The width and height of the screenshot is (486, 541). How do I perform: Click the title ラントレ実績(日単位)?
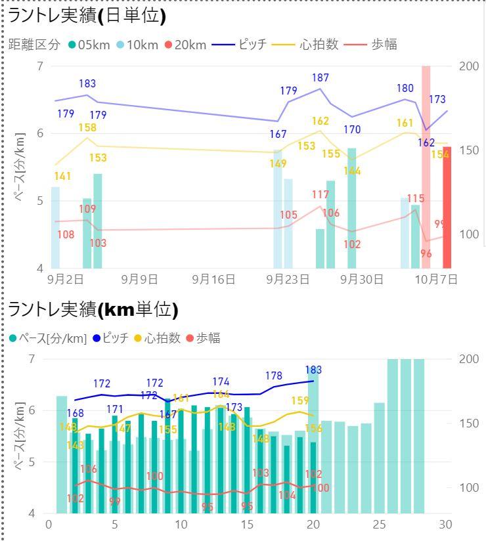[x=86, y=16]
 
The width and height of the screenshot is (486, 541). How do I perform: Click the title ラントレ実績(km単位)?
[x=93, y=309]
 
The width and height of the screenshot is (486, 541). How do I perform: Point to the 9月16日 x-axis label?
[x=213, y=279]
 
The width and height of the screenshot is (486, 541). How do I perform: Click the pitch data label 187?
[x=320, y=78]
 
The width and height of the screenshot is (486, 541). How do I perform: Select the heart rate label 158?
[x=87, y=127]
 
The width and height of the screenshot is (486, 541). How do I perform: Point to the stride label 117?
[x=320, y=194]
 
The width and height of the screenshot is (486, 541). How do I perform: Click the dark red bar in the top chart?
[x=447, y=207]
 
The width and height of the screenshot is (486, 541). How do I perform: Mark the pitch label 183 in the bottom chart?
[x=313, y=370]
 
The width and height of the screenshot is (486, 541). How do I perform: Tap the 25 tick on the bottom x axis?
[x=380, y=525]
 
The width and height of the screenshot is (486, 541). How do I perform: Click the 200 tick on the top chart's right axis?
[x=470, y=66]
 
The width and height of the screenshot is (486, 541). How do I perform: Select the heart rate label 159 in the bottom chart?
[x=300, y=400]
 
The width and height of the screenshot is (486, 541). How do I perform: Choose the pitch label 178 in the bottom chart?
[x=274, y=376]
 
